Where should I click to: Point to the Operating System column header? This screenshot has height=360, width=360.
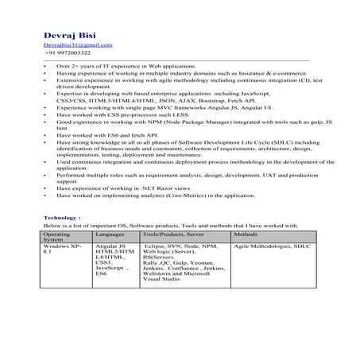57,238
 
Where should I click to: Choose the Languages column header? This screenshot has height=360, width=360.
110,235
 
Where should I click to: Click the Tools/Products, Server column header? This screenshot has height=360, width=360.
173,235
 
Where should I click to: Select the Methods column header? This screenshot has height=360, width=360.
246,235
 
